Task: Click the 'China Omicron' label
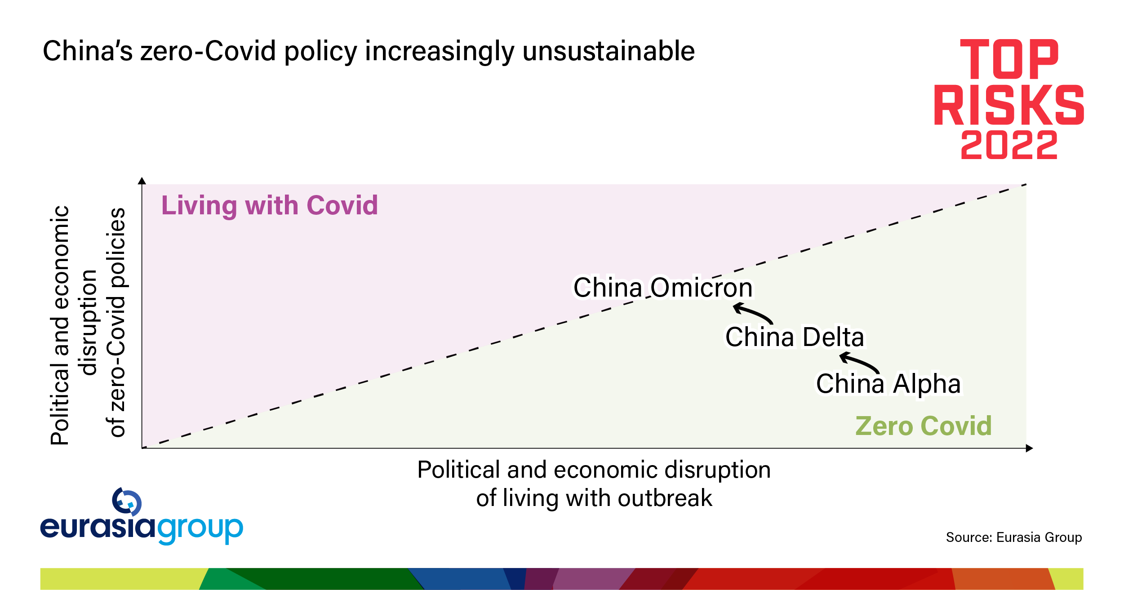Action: point(662,288)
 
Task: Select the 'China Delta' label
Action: point(795,337)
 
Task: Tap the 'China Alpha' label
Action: point(889,384)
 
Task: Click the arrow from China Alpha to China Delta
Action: point(860,362)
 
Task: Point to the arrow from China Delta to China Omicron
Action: point(753,312)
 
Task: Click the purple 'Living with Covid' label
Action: point(270,206)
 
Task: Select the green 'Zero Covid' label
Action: point(924,426)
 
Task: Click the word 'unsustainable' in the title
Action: point(609,51)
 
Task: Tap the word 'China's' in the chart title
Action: point(88,51)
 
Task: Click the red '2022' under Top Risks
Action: point(1009,145)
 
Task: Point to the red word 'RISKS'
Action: point(1009,105)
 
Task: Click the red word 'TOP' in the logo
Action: point(1009,59)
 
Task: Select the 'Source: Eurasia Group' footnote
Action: point(1014,537)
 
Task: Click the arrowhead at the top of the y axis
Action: point(142,181)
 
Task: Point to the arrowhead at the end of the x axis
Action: point(1030,448)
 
